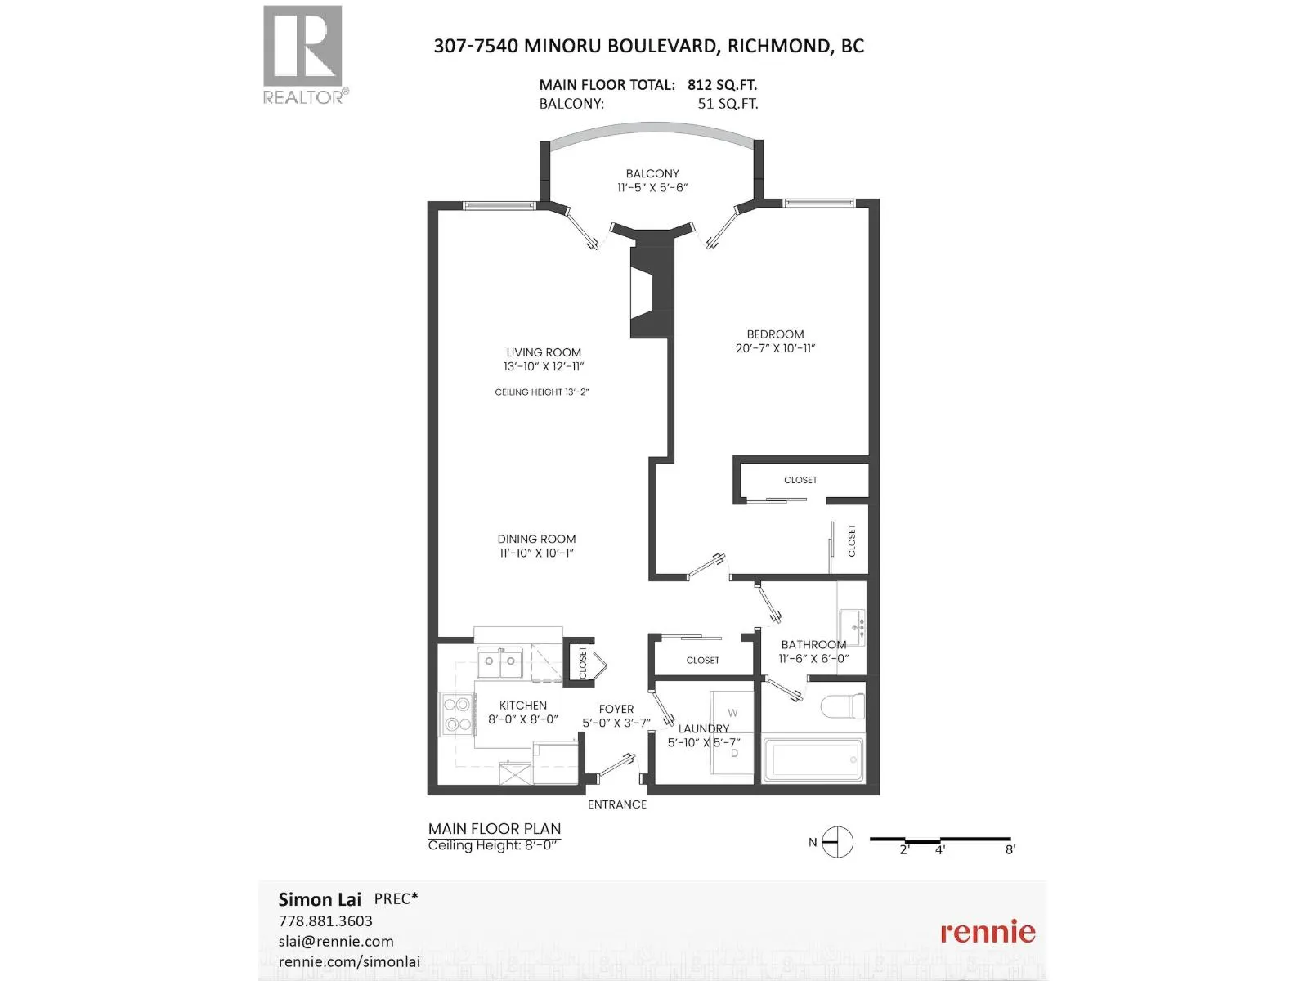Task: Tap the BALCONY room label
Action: [x=652, y=173]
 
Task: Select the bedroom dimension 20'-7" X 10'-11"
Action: [x=775, y=348]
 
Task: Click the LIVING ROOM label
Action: [x=544, y=352]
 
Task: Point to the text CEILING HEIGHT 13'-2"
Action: [x=542, y=392]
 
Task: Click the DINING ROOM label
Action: [x=536, y=539]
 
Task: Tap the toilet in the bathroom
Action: [x=843, y=706]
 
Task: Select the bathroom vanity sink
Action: [x=852, y=627]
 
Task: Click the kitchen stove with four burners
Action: [x=457, y=714]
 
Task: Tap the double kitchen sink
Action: [x=499, y=663]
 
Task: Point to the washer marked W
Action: [x=732, y=713]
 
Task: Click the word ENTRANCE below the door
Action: [x=616, y=804]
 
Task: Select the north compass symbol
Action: [x=837, y=842]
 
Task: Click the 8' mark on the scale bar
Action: [x=1010, y=850]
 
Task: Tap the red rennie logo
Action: [x=988, y=932]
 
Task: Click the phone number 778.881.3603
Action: [x=325, y=921]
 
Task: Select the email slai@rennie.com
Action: [x=336, y=941]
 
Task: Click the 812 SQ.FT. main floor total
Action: [x=722, y=85]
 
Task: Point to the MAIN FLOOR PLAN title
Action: [x=495, y=828]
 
